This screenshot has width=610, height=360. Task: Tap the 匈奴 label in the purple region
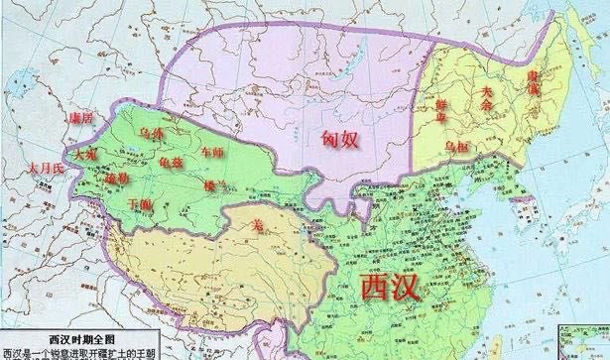(339, 140)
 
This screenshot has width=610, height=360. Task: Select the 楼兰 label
(213, 184)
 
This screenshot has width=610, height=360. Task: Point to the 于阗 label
(142, 204)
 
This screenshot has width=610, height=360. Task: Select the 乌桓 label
(455, 146)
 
